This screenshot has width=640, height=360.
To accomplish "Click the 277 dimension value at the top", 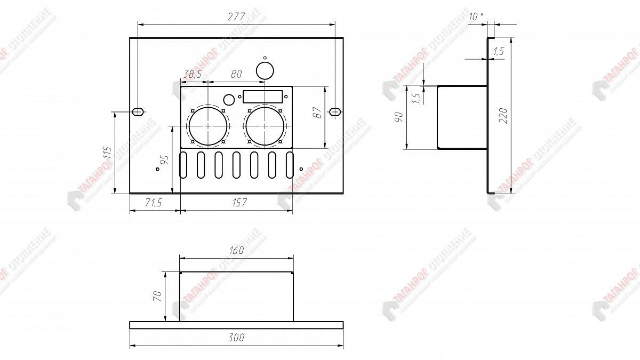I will [x=235, y=17].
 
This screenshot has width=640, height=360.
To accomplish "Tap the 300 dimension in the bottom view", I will [x=236, y=338].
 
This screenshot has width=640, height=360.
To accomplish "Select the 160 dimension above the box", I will [x=236, y=250].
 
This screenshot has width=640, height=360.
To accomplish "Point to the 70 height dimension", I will [x=157, y=297].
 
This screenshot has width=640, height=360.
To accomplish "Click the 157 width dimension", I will [x=240, y=203].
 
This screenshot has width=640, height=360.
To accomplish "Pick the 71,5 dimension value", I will [x=154, y=203].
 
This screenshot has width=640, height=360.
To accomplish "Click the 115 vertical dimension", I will [x=106, y=154].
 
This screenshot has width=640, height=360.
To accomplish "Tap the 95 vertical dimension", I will [x=164, y=161].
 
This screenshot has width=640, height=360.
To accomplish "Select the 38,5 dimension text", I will [x=192, y=75].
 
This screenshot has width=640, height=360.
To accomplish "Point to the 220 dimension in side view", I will [x=503, y=115].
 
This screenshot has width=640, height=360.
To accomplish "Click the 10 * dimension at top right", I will [x=476, y=17].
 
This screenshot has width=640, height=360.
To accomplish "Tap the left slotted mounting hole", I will [x=138, y=111].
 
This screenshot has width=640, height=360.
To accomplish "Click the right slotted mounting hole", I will [x=335, y=111].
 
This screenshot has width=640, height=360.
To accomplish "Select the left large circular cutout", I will [x=207, y=126].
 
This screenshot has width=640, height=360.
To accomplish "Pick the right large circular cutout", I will [x=265, y=126].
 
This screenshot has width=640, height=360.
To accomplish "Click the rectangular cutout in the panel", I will [x=263, y=97].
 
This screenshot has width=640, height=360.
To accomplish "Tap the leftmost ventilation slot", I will [x=183, y=165].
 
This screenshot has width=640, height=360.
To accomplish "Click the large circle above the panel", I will [x=265, y=70].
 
